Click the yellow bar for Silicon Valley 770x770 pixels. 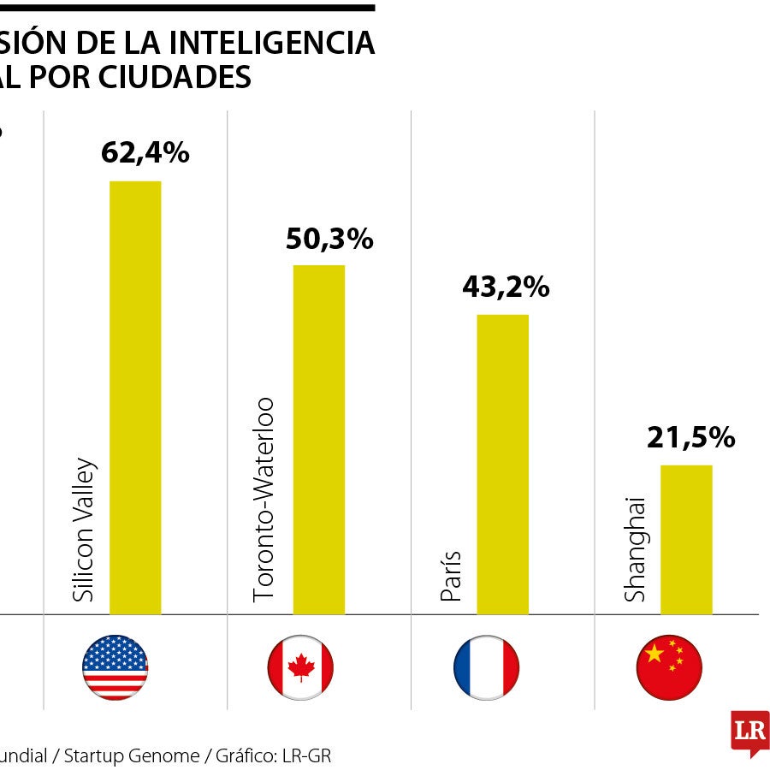(x=135, y=398)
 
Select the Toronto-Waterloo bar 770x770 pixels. (x=319, y=440)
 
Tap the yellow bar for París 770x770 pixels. (x=502, y=465)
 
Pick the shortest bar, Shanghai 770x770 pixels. (x=686, y=540)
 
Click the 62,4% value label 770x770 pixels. (x=145, y=153)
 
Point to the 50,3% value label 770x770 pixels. (x=329, y=240)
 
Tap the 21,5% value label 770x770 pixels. (x=690, y=438)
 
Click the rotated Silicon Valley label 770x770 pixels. (x=84, y=531)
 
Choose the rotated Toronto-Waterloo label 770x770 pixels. (x=264, y=499)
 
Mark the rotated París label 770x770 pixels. (x=451, y=576)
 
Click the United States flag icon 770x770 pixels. (x=115, y=667)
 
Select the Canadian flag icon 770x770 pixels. (x=300, y=667)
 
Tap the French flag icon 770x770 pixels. (x=486, y=667)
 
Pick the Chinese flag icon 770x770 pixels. (x=669, y=667)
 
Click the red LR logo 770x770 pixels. (x=749, y=731)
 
